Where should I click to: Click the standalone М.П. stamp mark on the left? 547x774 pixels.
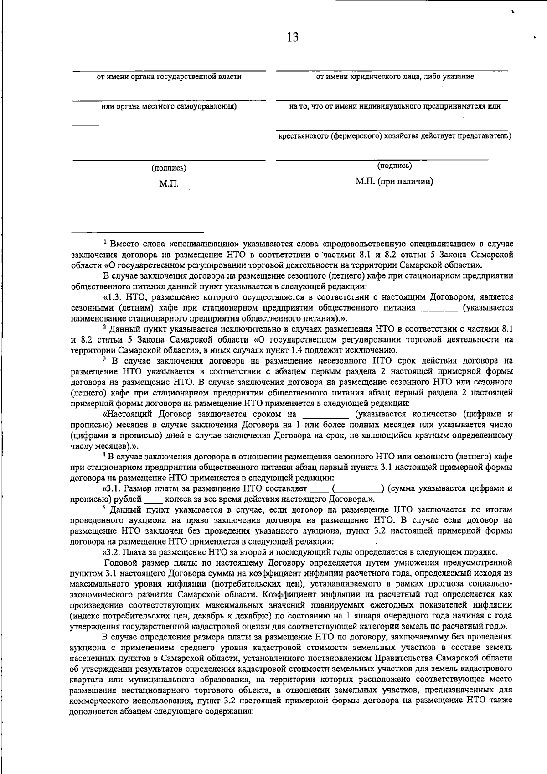169,184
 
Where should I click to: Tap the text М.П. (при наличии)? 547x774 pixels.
394,182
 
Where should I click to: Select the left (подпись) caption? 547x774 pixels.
169,168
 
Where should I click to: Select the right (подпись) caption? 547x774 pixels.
394,166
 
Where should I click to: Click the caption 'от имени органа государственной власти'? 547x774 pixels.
169,77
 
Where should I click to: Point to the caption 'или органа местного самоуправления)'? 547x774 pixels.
169,106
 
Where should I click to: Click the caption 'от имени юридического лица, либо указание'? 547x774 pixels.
395,77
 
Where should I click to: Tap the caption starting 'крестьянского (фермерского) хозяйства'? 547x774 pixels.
395,136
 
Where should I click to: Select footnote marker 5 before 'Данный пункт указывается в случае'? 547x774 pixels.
104,508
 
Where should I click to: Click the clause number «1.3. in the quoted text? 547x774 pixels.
112,297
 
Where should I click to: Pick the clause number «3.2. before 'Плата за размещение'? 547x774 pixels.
112,552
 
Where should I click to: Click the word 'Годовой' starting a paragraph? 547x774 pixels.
119,563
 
